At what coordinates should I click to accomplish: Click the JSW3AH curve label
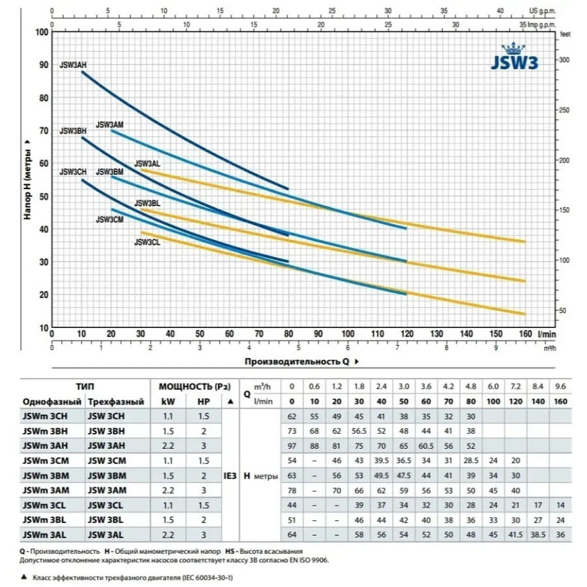(73, 65)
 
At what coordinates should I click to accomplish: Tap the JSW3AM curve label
(110, 125)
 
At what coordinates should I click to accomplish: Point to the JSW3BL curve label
(147, 203)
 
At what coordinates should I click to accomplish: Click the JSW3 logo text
(514, 66)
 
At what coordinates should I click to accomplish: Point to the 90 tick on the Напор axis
(44, 65)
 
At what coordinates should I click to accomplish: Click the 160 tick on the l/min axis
(525, 334)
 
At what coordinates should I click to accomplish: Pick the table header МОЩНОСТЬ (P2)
(187, 386)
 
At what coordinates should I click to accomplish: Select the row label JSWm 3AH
(44, 445)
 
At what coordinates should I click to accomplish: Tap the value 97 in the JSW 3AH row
(291, 445)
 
